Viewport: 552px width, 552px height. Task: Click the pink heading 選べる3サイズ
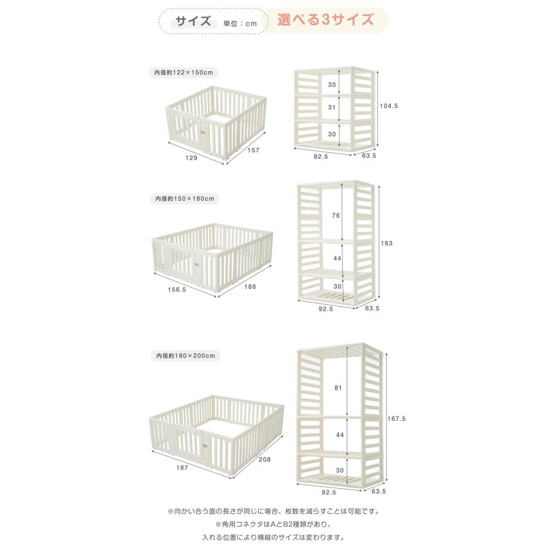point(325,20)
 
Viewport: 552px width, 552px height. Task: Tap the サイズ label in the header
point(193,21)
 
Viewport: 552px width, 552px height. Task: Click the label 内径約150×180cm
point(184,199)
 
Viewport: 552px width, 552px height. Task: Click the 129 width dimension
point(191,158)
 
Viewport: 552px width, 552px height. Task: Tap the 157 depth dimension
point(252,151)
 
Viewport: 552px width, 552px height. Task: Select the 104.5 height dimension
point(389,105)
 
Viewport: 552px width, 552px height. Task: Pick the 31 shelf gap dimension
point(332,107)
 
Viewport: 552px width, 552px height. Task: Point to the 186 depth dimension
point(250,286)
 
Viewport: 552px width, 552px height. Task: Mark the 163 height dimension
point(386,243)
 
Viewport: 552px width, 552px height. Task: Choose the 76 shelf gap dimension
point(336,215)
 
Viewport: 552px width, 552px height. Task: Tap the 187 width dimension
point(182,467)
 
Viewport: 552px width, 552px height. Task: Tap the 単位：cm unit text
point(241,23)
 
